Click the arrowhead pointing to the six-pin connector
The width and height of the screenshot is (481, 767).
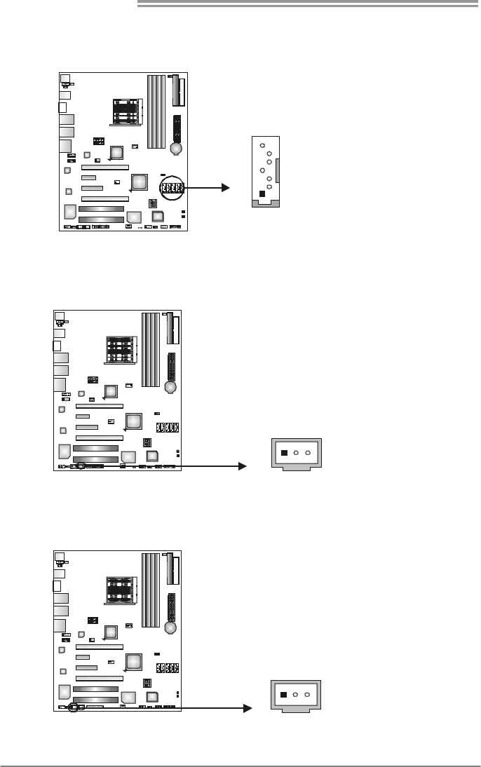pyautogui.click(x=226, y=187)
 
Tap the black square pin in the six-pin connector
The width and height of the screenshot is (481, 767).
pyautogui.click(x=262, y=194)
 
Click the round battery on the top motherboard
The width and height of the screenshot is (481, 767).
pyautogui.click(x=177, y=149)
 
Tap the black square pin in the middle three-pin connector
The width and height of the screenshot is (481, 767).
pyautogui.click(x=283, y=453)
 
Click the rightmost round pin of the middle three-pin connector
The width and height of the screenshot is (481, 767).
pyautogui.click(x=308, y=453)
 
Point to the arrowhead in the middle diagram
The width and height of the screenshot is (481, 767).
pyautogui.click(x=245, y=466)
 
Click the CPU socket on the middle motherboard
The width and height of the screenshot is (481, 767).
pyautogui.click(x=120, y=348)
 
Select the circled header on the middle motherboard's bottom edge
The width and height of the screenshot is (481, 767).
pyautogui.click(x=81, y=465)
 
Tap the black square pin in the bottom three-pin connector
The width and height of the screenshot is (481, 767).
pyautogui.click(x=283, y=695)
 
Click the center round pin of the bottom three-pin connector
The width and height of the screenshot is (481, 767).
pyautogui.click(x=296, y=695)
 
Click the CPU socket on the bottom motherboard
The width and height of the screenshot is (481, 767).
pyautogui.click(x=120, y=590)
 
